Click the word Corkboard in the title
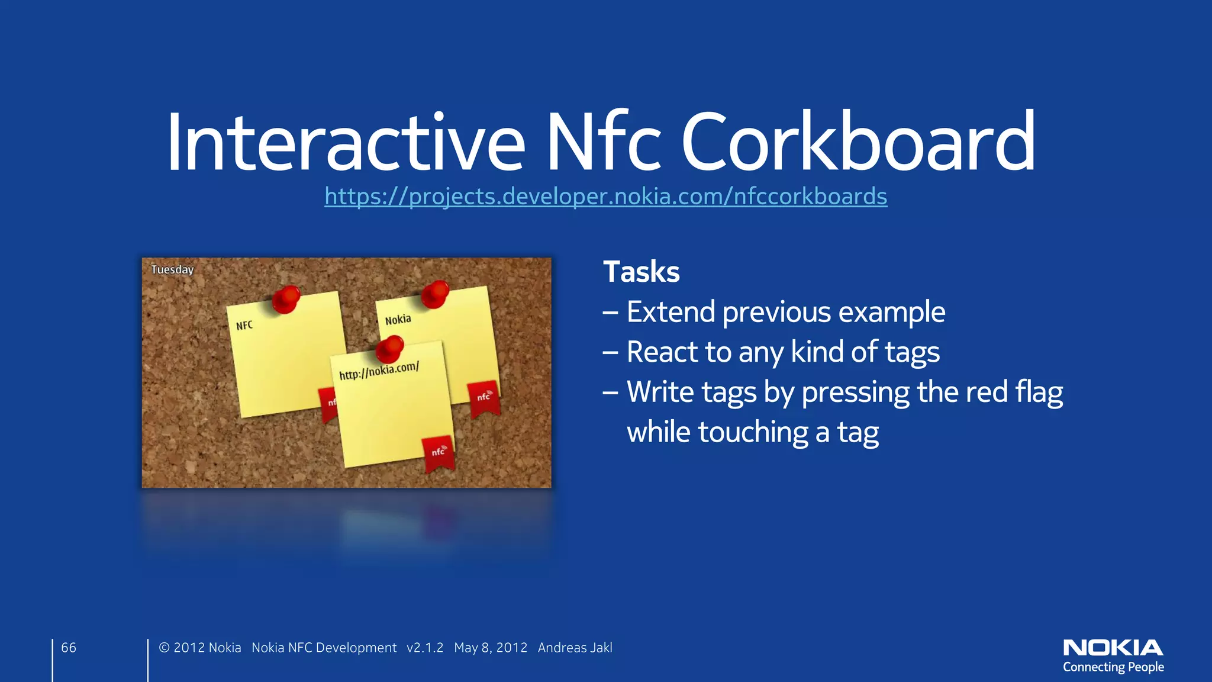pyautogui.click(x=858, y=142)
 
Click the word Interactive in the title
pyautogui.click(x=346, y=142)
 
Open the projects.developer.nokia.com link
pyautogui.click(x=605, y=196)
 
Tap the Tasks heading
pyautogui.click(x=641, y=272)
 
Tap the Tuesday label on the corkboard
pyautogui.click(x=172, y=269)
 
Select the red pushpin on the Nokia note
pyautogui.click(x=435, y=294)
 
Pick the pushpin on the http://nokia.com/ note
pyautogui.click(x=389, y=349)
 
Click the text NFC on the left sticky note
pyautogui.click(x=244, y=326)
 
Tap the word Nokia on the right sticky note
pyautogui.click(x=398, y=320)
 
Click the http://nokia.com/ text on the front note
pyautogui.click(x=379, y=371)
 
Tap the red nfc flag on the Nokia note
pyautogui.click(x=484, y=398)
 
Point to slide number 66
pyautogui.click(x=69, y=648)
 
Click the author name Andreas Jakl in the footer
pyautogui.click(x=575, y=648)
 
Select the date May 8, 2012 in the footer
pyautogui.click(x=490, y=648)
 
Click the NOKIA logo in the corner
pyautogui.click(x=1113, y=648)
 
